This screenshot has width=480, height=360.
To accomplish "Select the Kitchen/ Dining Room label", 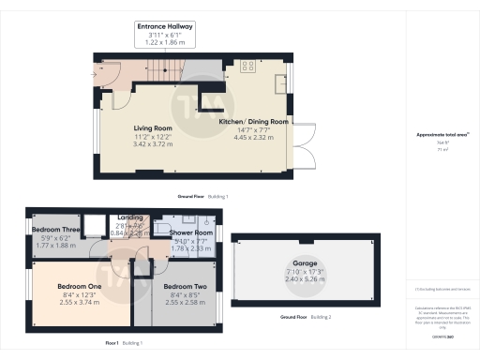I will (252, 122).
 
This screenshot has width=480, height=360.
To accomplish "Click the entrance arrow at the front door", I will (103, 67).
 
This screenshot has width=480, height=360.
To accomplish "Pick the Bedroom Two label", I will (183, 286).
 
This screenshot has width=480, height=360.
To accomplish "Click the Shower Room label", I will (190, 232).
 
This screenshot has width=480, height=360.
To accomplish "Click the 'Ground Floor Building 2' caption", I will (306, 318).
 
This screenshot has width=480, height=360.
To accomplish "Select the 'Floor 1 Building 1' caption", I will (124, 343).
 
